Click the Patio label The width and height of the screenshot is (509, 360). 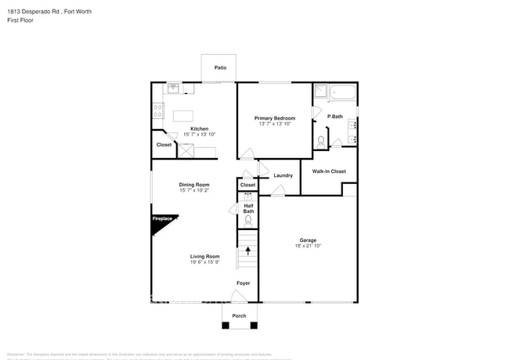tap(220, 68)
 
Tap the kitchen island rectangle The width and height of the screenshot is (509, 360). tap(182, 117)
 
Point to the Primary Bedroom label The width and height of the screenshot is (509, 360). tap(274, 117)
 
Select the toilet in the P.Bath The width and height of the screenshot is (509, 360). tap(321, 142)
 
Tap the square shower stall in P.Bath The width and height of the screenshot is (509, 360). tap(320, 92)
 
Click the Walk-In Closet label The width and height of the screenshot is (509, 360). tap(329, 171)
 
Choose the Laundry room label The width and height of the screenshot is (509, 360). tap(283, 175)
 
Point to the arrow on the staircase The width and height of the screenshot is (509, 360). tap(248, 251)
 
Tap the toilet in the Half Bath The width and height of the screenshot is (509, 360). tap(248, 220)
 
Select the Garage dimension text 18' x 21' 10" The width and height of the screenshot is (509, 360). tap(308, 247)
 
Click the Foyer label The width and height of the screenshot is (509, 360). tap(244, 283)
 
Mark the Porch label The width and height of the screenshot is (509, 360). tap(239, 315)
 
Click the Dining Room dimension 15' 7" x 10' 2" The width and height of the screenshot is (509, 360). tap(193, 190)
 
